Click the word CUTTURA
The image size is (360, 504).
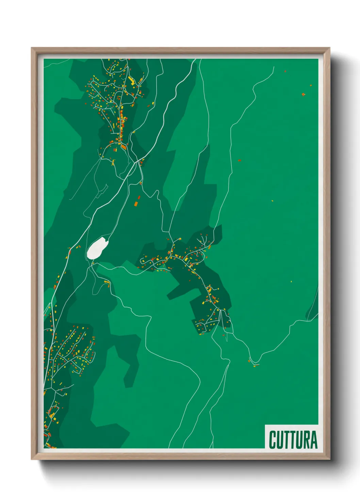[x=293, y=440]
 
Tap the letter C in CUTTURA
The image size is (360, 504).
[x=272, y=440]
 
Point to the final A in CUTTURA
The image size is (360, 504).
[x=313, y=440]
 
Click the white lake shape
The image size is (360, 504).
[x=97, y=248]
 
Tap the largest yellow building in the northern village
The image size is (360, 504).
[x=131, y=81]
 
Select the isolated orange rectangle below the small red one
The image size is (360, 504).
[x=136, y=204]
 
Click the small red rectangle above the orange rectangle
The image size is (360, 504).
[x=138, y=197]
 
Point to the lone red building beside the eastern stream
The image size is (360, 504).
[x=239, y=160]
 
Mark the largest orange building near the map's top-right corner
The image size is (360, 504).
[x=303, y=94]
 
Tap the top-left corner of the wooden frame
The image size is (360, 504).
[x=32, y=48]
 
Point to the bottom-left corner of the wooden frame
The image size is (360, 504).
[x=32, y=459]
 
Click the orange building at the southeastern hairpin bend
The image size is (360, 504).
[x=249, y=361]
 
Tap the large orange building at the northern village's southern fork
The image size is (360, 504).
[x=124, y=147]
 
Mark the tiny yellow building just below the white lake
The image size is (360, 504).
[x=93, y=263]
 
